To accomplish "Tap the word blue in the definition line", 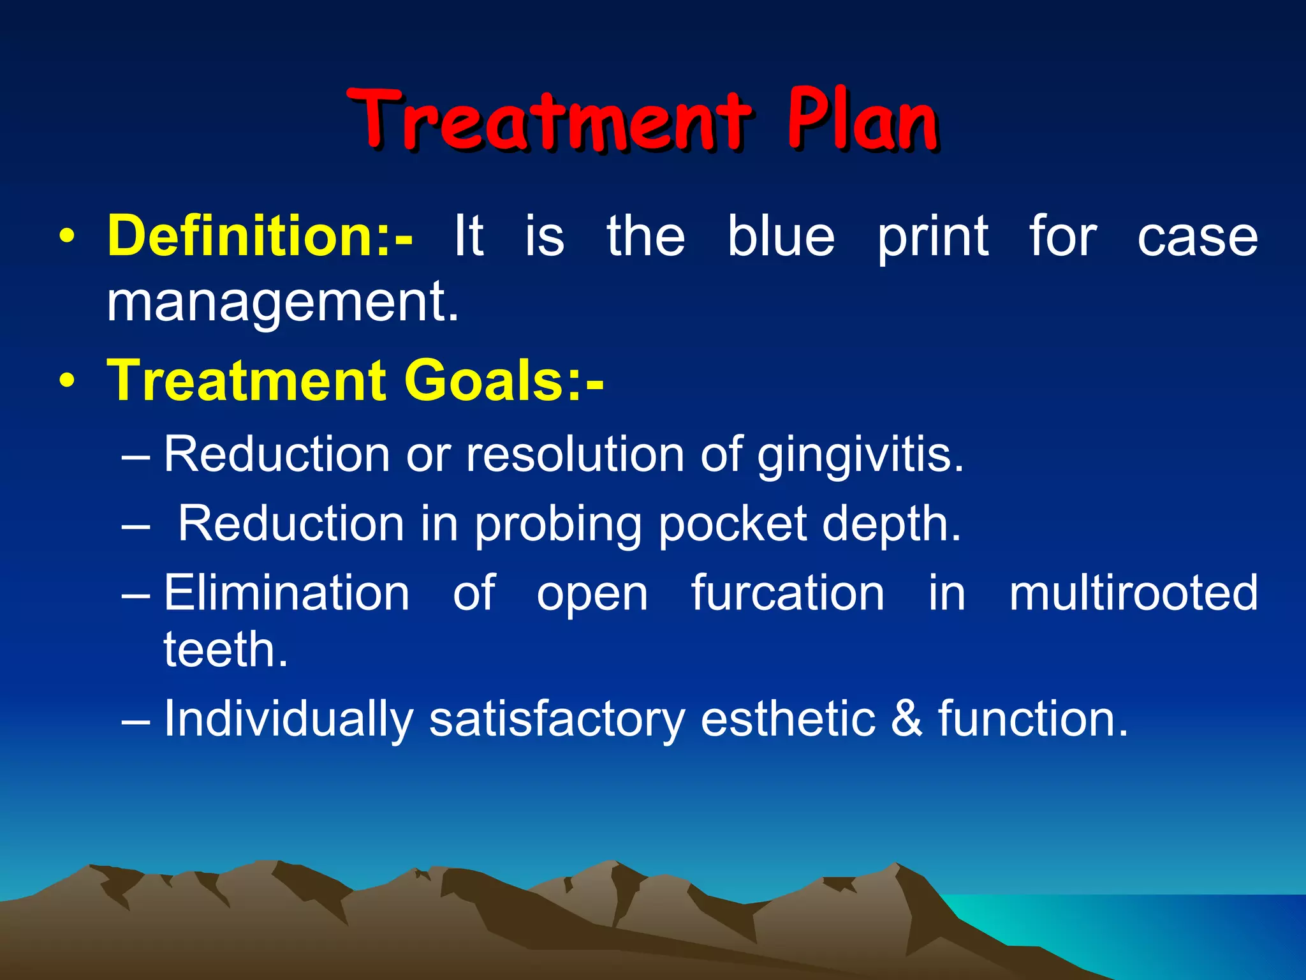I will point(781,236).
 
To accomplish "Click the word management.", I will point(282,302).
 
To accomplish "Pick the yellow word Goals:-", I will point(504,380).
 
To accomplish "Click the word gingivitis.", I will point(860,456).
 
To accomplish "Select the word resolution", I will point(575,454).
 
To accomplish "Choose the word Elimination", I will point(286,593).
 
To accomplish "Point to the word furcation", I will point(788,593).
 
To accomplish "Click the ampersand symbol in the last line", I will point(906,718).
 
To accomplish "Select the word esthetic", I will point(788,718).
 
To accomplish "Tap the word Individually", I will point(288,720).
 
